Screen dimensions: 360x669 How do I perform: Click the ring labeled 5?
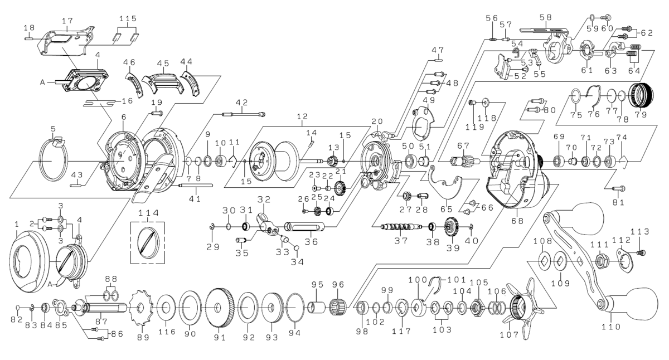[x=53, y=162]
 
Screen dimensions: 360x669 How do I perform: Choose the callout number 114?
[x=148, y=212]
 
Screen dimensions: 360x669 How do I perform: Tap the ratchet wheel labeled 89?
[x=139, y=308]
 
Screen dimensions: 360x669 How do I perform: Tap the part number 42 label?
[x=241, y=103]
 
